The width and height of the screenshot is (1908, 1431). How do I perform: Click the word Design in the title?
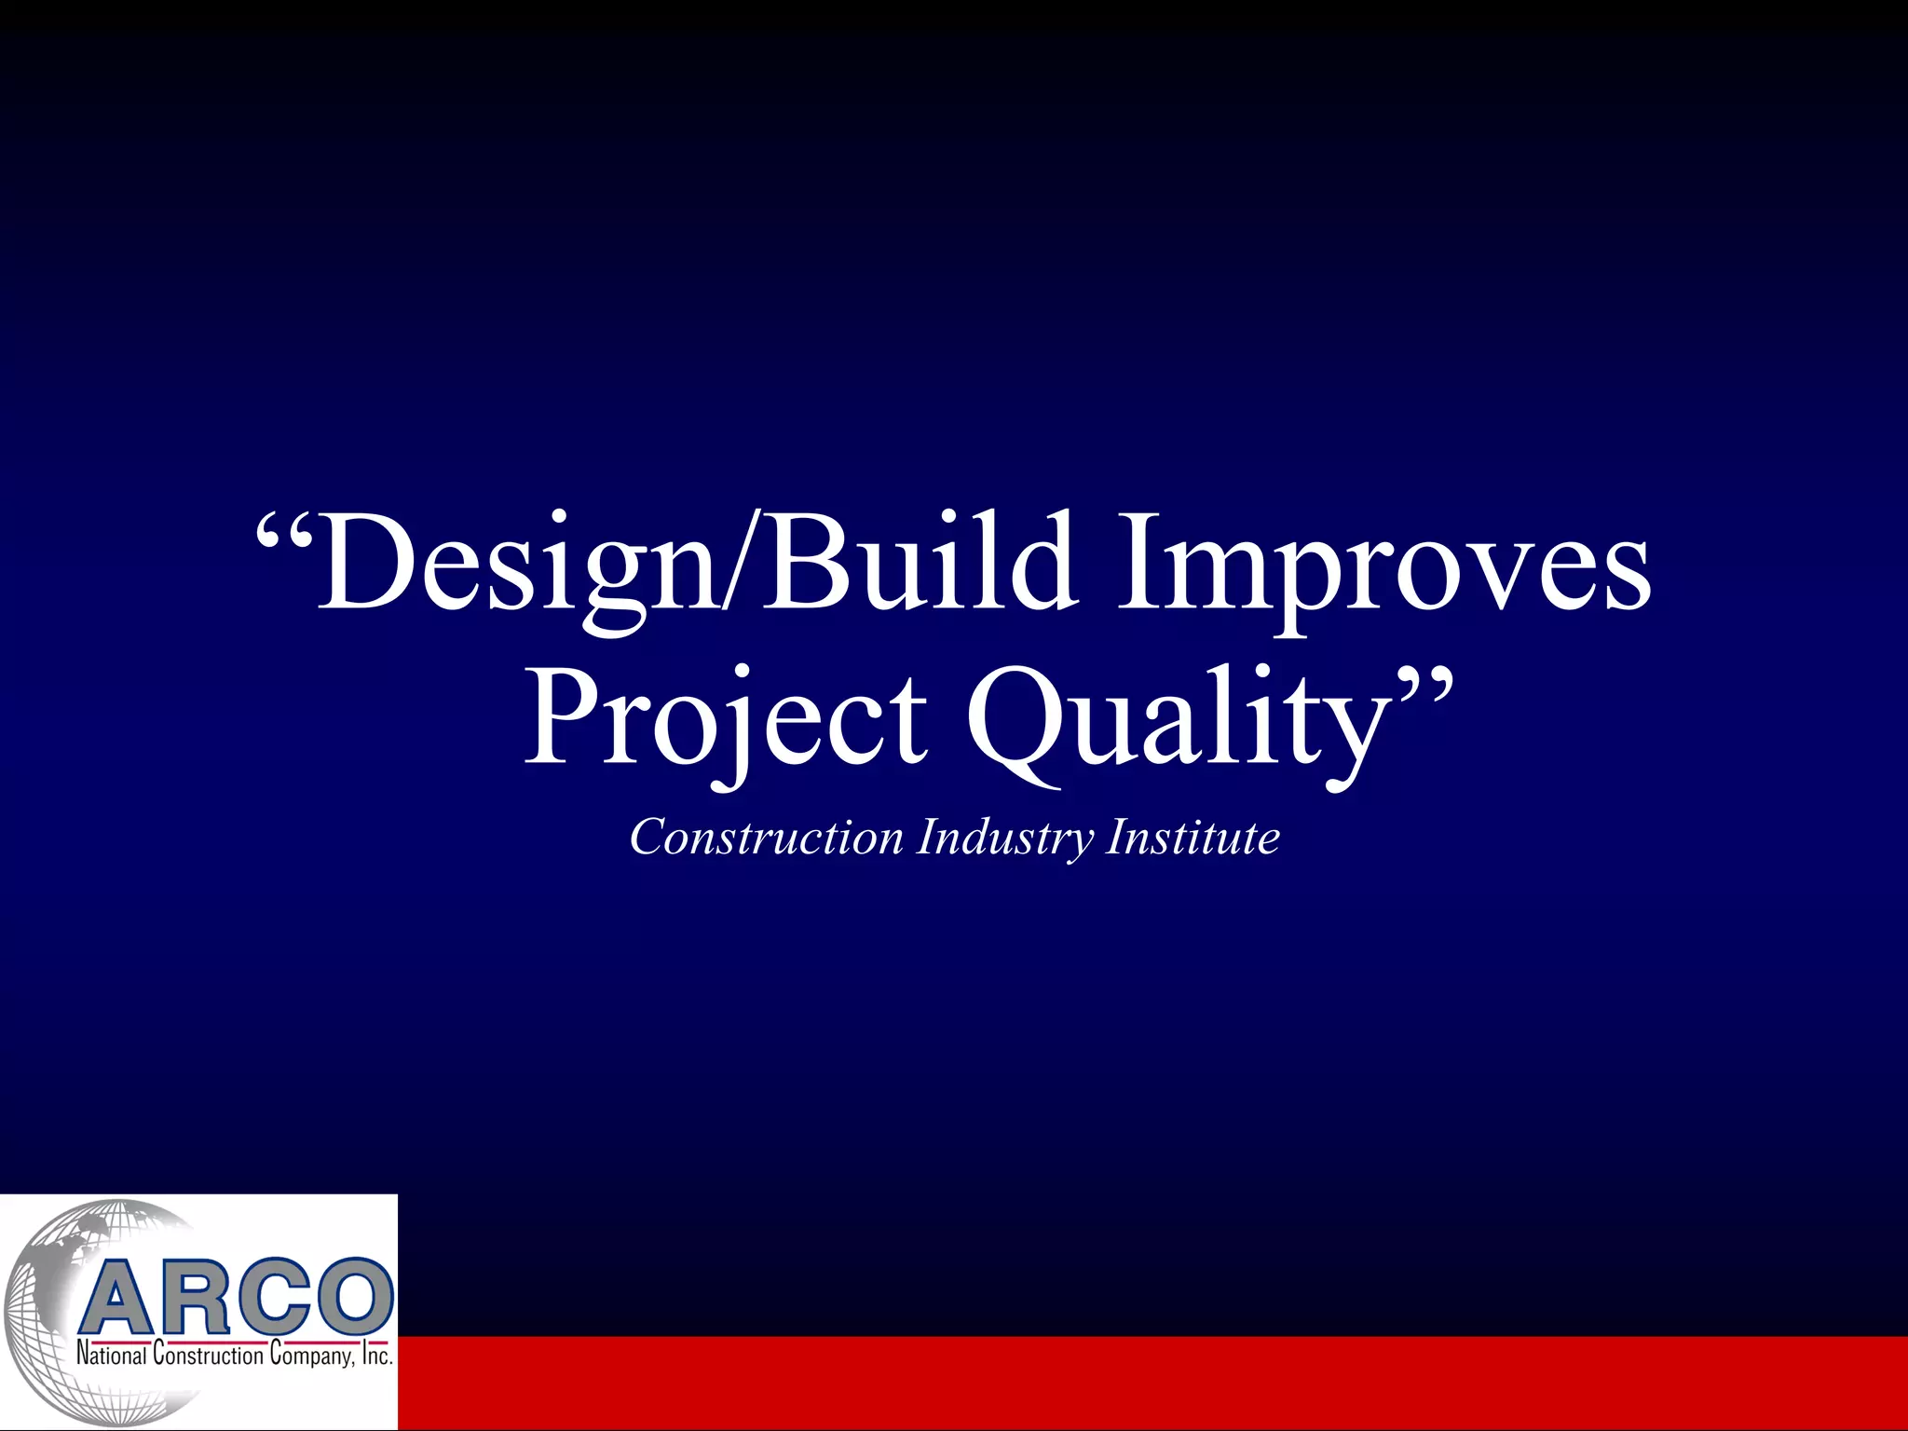pos(518,564)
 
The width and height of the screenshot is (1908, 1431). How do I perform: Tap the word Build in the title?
pos(918,564)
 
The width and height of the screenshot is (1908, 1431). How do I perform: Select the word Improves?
pos(1383,564)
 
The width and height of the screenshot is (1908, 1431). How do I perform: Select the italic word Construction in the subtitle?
pos(766,837)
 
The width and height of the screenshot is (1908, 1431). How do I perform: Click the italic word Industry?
pos(1004,837)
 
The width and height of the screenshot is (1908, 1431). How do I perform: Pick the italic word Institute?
pos(1192,837)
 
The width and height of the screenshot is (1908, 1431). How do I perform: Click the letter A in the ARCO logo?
pos(121,1297)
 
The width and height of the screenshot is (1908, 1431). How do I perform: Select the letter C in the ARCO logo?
pos(274,1297)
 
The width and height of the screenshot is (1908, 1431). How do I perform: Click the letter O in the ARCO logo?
pos(352,1297)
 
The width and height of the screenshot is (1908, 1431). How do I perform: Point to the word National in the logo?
pos(111,1356)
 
